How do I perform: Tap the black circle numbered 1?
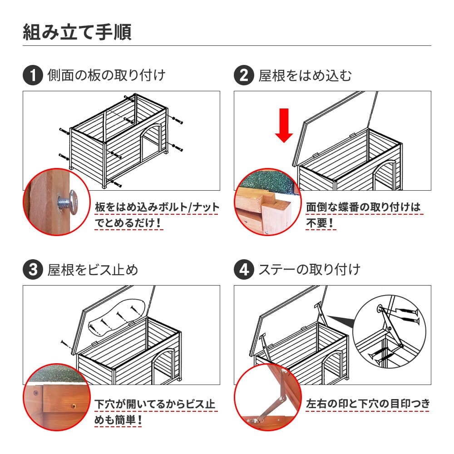tap(32, 75)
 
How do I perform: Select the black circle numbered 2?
tap(243, 75)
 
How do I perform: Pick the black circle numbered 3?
tap(32, 270)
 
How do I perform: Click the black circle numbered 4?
tap(243, 270)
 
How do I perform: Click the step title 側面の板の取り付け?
tap(106, 75)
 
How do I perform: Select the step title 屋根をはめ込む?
tap(305, 75)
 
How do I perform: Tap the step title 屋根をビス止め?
tap(93, 270)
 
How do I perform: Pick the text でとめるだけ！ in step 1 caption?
tap(128, 223)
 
